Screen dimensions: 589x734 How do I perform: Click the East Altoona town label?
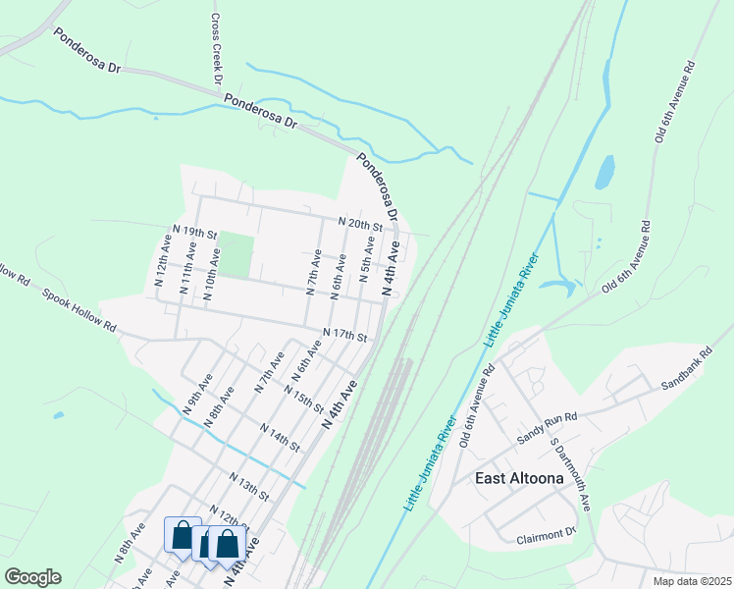click(x=519, y=479)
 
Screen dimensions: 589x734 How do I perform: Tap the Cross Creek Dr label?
click(x=218, y=49)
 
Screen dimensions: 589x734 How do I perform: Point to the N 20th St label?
click(x=359, y=224)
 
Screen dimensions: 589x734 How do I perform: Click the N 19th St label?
click(x=193, y=233)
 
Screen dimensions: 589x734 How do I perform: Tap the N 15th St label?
click(x=302, y=401)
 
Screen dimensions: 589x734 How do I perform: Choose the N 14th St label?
click(x=280, y=435)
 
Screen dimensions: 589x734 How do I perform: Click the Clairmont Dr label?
click(x=546, y=535)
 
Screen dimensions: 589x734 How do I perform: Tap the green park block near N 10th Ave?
click(x=235, y=254)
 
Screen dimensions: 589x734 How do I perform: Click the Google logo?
click(x=32, y=577)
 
